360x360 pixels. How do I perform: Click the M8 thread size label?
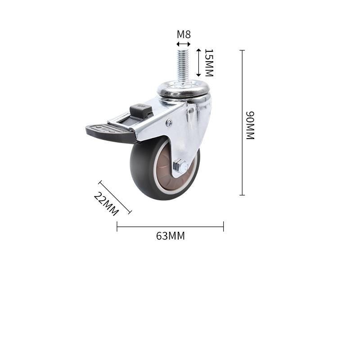click(x=183, y=34)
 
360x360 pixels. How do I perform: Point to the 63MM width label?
click(x=171, y=236)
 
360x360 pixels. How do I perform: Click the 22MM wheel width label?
click(x=106, y=204)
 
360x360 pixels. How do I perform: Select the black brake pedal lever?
click(x=108, y=132)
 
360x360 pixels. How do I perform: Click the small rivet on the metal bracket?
click(x=169, y=122)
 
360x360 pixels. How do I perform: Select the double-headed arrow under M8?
click(x=183, y=44)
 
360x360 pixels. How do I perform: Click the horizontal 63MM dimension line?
click(x=170, y=226)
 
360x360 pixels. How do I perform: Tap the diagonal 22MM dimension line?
click(x=115, y=197)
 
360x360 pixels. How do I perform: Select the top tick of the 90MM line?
click(x=242, y=50)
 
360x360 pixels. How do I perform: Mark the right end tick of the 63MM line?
click(x=223, y=226)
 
